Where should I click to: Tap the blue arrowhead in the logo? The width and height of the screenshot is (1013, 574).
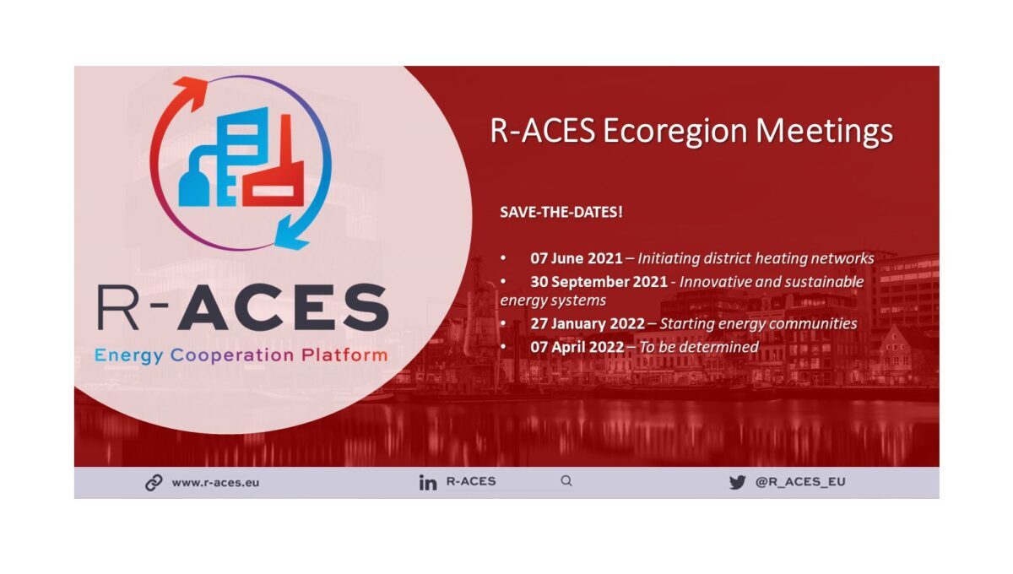click(292, 233)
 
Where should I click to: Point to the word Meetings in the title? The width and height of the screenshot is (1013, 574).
click(825, 132)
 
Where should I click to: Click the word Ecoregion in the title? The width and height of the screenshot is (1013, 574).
click(675, 132)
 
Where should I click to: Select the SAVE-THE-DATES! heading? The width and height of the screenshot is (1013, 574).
click(561, 212)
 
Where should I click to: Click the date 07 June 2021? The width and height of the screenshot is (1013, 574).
click(577, 258)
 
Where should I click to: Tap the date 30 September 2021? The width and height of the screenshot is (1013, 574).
click(599, 282)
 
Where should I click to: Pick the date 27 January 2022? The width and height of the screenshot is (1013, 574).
click(588, 324)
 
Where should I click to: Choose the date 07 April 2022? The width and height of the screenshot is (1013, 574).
click(577, 348)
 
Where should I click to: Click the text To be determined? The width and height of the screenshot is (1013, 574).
click(699, 348)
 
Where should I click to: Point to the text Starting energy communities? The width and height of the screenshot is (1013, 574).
click(758, 324)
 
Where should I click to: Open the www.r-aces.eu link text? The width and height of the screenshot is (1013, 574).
click(215, 483)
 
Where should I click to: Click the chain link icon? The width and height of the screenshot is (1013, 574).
click(154, 483)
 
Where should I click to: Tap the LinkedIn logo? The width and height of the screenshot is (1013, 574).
click(428, 483)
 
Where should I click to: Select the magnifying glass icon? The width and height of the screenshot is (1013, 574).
click(566, 480)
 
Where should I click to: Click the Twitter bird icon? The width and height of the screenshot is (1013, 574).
click(738, 482)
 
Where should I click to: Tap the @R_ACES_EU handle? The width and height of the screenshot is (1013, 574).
click(800, 482)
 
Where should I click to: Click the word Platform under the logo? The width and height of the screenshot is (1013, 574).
click(344, 355)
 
